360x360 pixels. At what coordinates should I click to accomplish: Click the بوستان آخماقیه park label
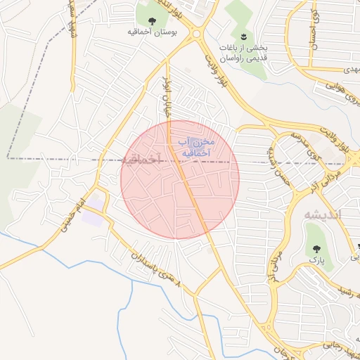pyautogui.click(x=152, y=32)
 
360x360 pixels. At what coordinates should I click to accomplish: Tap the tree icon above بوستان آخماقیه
pyautogui.click(x=153, y=20)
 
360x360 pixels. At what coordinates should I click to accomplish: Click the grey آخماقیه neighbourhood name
pyautogui.click(x=143, y=160)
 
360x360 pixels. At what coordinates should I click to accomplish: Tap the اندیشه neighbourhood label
pyautogui.click(x=321, y=214)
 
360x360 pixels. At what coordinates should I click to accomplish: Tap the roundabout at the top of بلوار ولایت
pyautogui.click(x=195, y=33)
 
